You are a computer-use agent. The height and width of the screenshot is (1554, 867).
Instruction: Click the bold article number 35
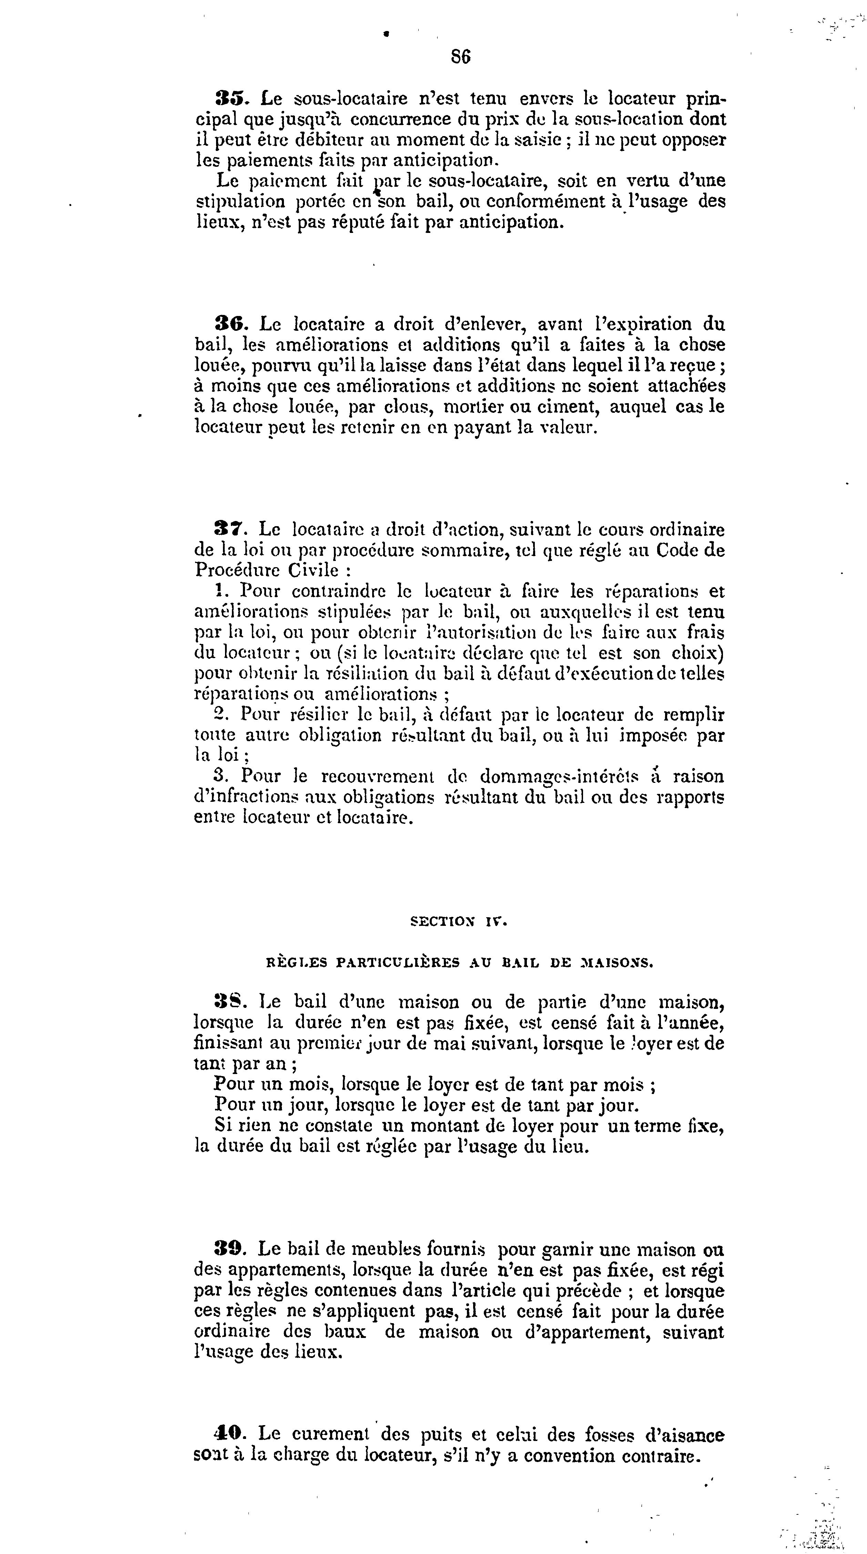point(227,98)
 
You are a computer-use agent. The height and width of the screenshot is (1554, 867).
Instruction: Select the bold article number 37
point(227,530)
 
